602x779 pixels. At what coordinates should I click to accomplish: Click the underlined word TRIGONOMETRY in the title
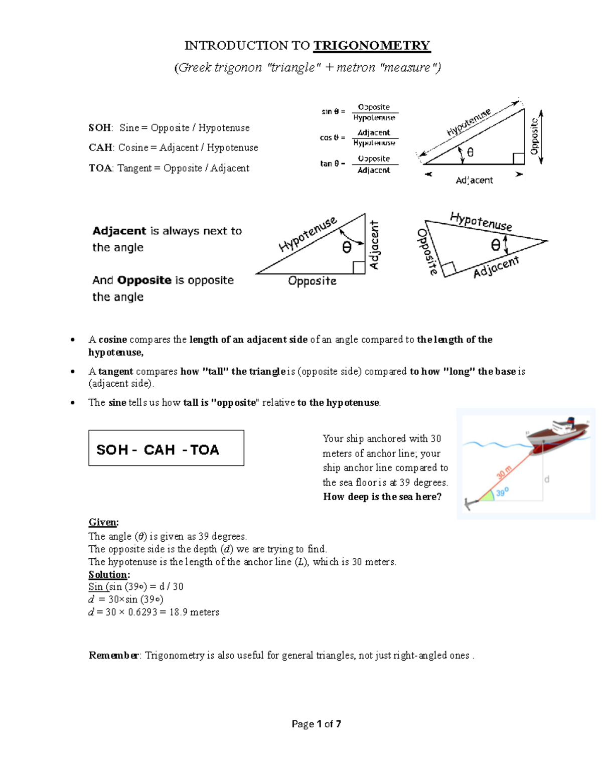(371, 46)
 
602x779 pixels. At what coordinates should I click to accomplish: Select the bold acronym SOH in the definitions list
(100, 128)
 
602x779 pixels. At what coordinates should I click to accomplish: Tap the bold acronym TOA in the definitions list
(100, 168)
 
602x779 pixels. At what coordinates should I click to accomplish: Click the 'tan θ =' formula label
(332, 164)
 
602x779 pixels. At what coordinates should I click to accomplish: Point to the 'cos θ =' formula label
(332, 137)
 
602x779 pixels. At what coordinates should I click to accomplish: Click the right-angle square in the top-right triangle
(518, 159)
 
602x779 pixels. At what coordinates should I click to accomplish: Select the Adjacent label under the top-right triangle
(474, 180)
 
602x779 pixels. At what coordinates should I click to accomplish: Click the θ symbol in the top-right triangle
(470, 152)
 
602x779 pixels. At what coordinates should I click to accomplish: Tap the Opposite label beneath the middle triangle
(312, 281)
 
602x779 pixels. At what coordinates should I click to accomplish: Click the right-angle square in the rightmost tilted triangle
(448, 268)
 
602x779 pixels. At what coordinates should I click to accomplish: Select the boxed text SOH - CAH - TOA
(158, 449)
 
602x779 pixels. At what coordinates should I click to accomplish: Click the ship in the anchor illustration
(557, 433)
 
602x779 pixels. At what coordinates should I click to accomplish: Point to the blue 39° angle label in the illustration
(502, 493)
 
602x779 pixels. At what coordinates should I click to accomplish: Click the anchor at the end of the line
(469, 504)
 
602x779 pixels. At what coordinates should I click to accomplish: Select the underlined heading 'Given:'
(103, 522)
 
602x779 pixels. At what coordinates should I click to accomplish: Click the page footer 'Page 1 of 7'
(316, 724)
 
